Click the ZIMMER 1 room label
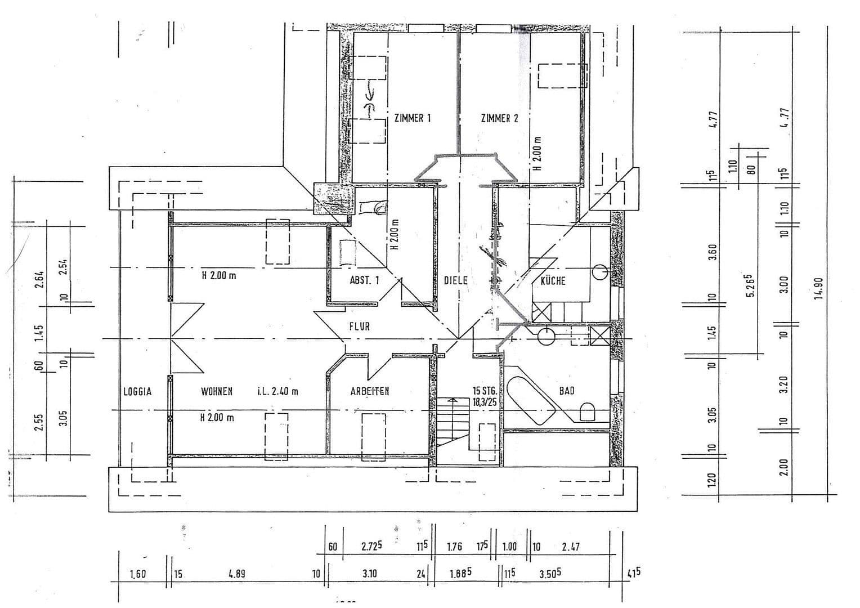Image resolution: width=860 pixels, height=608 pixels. [413, 118]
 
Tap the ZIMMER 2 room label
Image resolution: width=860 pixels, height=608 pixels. [499, 118]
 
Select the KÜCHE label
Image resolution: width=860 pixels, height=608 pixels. [553, 280]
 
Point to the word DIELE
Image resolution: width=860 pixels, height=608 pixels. [455, 280]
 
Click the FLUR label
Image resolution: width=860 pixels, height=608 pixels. [359, 326]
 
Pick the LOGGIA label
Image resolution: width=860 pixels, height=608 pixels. [137, 391]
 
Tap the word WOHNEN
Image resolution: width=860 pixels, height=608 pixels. [217, 391]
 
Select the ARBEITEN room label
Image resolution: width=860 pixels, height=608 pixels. [370, 391]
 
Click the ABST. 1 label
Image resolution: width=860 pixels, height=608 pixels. [365, 280]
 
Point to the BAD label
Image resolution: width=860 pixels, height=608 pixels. [566, 390]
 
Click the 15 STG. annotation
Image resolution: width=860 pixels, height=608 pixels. [484, 390]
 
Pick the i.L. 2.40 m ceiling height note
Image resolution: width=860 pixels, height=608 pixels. [277, 391]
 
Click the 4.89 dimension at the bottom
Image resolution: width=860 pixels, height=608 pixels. [236, 575]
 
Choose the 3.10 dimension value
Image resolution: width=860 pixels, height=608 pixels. [370, 575]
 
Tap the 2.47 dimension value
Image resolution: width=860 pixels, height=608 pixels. [571, 547]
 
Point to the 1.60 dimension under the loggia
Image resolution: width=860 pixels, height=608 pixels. [138, 575]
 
